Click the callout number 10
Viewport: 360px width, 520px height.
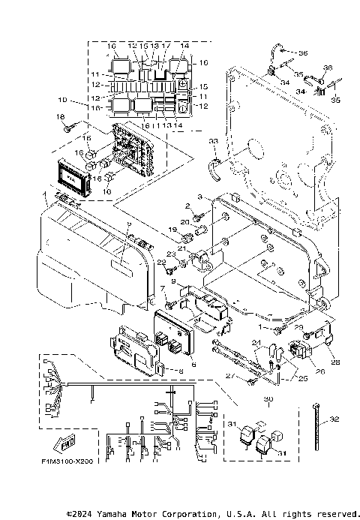(x=61, y=100)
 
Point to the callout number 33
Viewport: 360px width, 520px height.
(x=214, y=141)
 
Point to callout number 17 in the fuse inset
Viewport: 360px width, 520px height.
(x=166, y=46)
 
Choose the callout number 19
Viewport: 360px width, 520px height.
(x=172, y=229)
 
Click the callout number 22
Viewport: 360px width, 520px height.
(x=161, y=262)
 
